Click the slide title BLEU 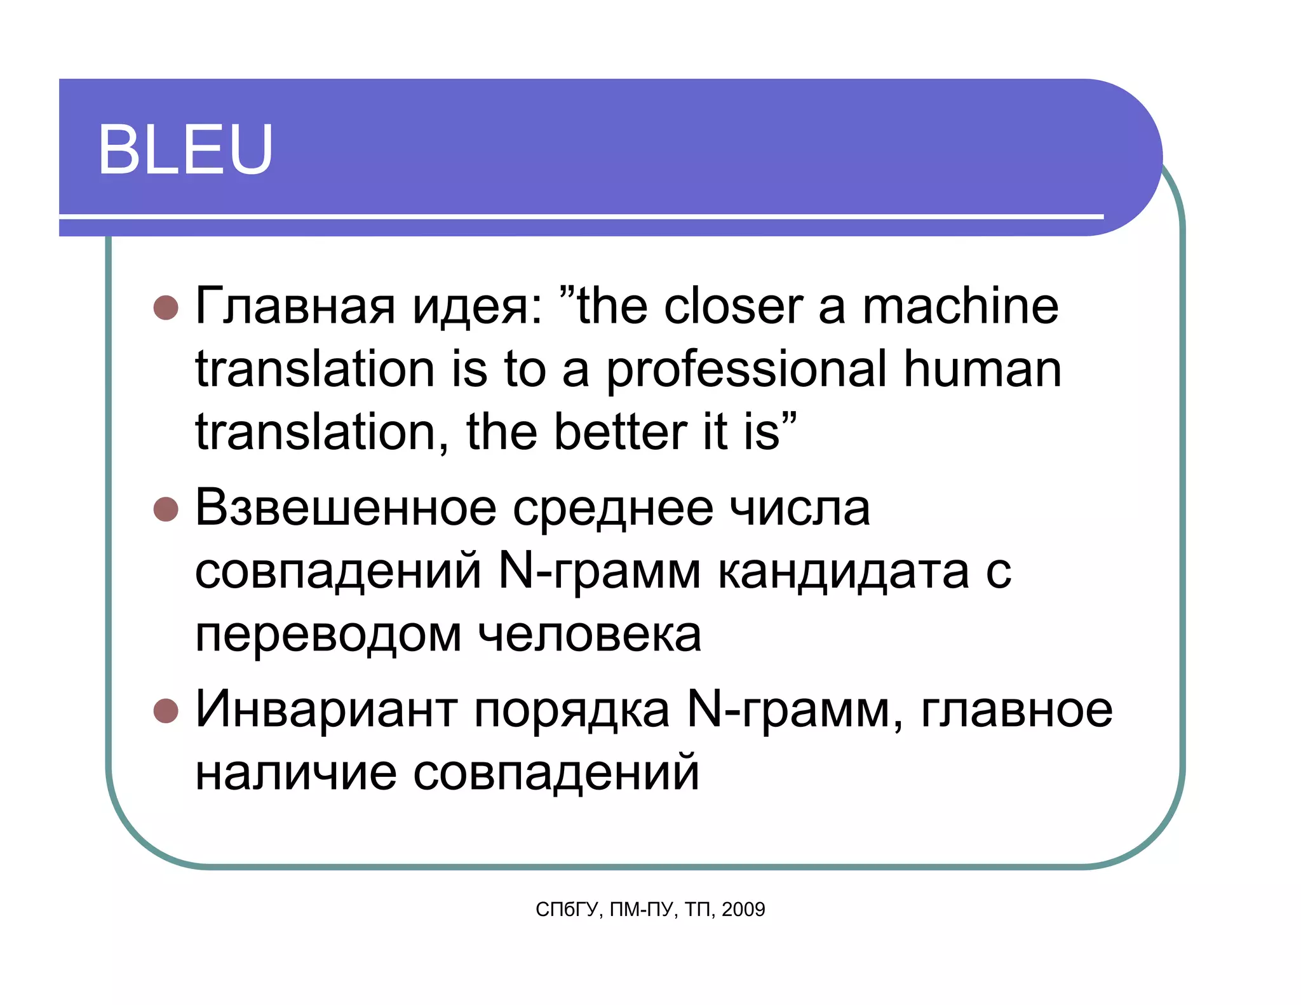tap(185, 149)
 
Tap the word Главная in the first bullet tap(295, 306)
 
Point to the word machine tap(960, 306)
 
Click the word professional tap(746, 370)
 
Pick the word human tap(982, 370)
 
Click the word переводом tap(328, 635)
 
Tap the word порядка tap(572, 710)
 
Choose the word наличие tap(295, 772)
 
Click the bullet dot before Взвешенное tap(166, 509)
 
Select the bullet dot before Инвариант tap(166, 710)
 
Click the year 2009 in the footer tap(743, 910)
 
